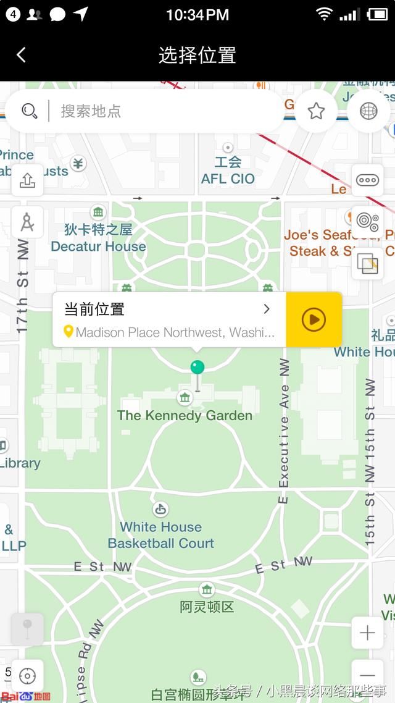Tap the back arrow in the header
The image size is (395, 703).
(x=21, y=55)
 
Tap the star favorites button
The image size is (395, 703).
(x=317, y=111)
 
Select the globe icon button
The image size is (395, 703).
(x=368, y=111)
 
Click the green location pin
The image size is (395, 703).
(x=197, y=368)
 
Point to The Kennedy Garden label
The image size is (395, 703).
(x=185, y=415)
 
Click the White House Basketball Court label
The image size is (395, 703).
(x=160, y=535)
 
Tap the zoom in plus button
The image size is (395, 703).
(x=367, y=633)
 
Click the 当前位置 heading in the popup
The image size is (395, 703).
(x=94, y=309)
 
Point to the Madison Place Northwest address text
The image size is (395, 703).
(x=175, y=333)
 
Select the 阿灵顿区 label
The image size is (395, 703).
(x=207, y=607)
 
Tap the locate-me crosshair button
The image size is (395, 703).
(x=27, y=676)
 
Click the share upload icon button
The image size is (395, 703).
(x=27, y=180)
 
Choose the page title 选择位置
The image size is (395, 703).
(x=197, y=55)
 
